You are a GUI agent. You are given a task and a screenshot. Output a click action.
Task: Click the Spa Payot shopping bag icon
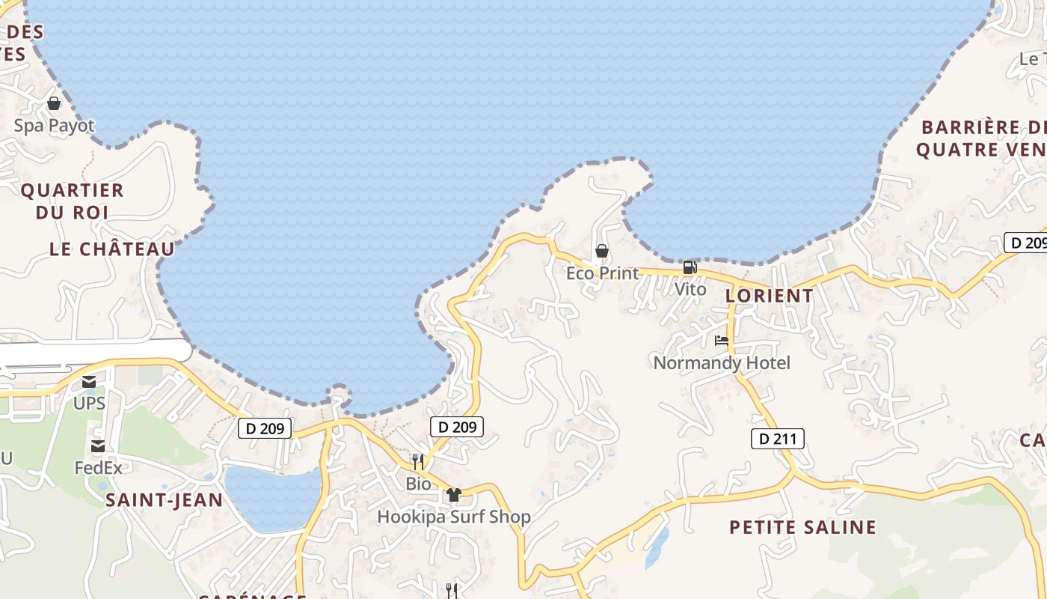[x=54, y=103]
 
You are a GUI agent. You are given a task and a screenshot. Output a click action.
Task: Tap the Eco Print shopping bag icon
[x=601, y=251]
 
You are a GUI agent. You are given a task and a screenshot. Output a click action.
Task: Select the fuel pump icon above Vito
[x=690, y=267]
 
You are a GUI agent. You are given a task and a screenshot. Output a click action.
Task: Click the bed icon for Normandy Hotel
[x=722, y=341]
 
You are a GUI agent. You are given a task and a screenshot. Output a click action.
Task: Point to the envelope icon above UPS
[x=89, y=382]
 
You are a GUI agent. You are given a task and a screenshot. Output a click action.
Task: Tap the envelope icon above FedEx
[x=97, y=446]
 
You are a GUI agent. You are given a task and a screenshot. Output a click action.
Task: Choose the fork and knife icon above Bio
[x=418, y=461]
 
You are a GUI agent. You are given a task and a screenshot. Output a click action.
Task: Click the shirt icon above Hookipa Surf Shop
[x=453, y=494]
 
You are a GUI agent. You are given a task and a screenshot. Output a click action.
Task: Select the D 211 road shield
[x=778, y=439]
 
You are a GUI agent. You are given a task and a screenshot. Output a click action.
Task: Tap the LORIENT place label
[x=770, y=296]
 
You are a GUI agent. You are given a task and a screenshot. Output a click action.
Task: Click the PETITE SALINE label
[x=802, y=527]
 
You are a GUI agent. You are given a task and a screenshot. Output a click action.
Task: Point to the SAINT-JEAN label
[x=164, y=500]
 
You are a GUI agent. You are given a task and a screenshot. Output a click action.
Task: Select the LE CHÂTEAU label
[x=112, y=249]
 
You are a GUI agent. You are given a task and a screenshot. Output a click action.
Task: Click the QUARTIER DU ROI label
[x=72, y=201]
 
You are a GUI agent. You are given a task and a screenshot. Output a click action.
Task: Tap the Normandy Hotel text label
[x=722, y=363]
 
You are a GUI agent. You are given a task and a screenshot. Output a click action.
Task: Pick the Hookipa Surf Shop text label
[x=454, y=517]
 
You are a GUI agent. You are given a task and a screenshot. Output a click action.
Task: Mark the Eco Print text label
[x=602, y=273]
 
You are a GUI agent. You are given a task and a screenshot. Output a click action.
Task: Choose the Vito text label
[x=690, y=289]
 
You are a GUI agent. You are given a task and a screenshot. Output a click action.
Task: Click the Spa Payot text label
[x=54, y=126]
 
